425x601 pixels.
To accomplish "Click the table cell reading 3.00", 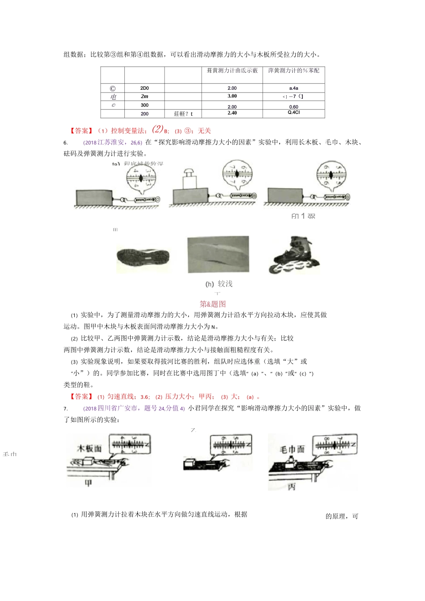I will coord(232,96).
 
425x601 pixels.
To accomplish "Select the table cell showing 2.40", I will coord(232,113).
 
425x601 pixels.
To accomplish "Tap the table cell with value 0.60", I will coord(293,107).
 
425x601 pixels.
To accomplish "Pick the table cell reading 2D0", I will coord(144,88).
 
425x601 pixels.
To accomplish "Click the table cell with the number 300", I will coord(144,105).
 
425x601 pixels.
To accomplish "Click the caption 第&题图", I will coord(213,304).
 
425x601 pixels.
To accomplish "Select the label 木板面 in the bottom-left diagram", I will coord(90,448).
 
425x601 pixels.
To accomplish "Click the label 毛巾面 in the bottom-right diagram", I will coord(292,449).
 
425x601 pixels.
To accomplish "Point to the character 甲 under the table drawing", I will coord(89,483).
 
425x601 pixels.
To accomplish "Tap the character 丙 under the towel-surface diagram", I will coord(292,487).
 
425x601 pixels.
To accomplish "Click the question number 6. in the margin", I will coord(66,143).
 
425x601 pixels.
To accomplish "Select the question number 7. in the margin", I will coord(66,408).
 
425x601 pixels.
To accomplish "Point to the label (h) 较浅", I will coord(219,284).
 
